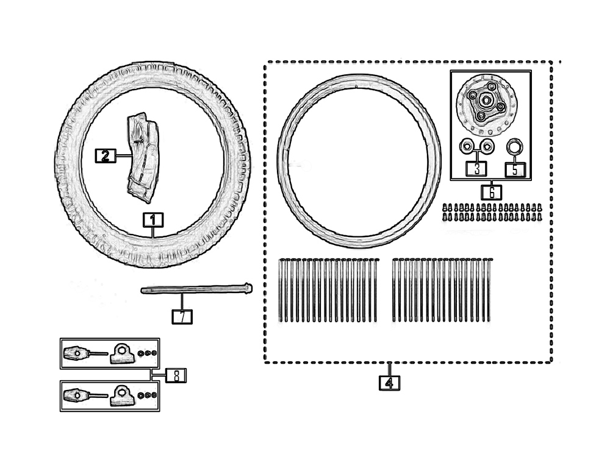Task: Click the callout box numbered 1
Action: click(154, 219)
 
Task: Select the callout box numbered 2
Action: click(104, 156)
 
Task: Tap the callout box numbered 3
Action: click(477, 169)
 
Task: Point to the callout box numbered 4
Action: click(389, 383)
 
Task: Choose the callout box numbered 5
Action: click(515, 169)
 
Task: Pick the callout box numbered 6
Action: click(491, 192)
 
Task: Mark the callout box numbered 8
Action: click(176, 375)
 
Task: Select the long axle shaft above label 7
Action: click(195, 289)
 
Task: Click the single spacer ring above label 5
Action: click(515, 146)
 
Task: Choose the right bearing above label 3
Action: click(487, 146)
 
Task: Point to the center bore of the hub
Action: click(487, 100)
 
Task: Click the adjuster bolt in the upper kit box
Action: click(80, 353)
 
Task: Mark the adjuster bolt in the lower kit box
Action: click(80, 395)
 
